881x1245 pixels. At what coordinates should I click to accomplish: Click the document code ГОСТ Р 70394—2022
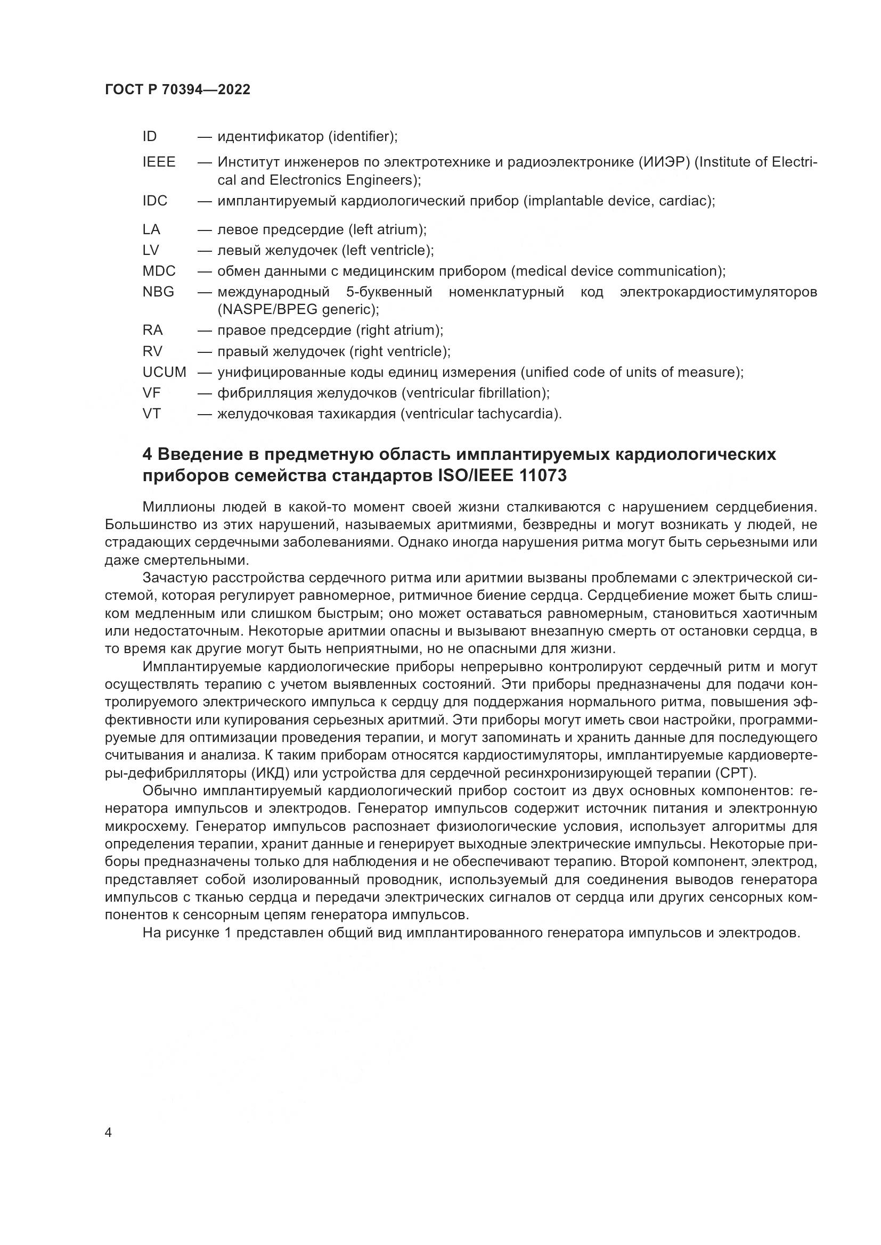pyautogui.click(x=177, y=90)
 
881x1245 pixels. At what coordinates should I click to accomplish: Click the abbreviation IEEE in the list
pyautogui.click(x=159, y=162)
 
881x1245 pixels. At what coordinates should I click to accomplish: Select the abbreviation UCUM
pyautogui.click(x=165, y=373)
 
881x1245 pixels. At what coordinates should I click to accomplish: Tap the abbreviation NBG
pyautogui.click(x=158, y=292)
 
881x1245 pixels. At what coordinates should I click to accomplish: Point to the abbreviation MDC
pyautogui.click(x=159, y=271)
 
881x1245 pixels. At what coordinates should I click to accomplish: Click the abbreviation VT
pyautogui.click(x=152, y=414)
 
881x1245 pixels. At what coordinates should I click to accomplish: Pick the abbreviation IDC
pyautogui.click(x=155, y=201)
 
